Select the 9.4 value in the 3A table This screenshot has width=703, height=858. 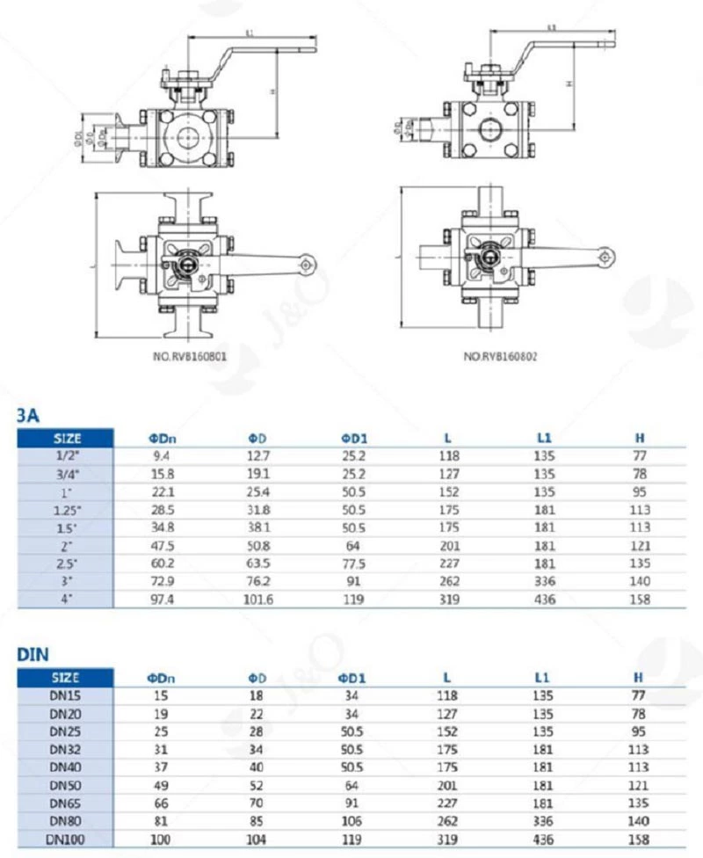(161, 455)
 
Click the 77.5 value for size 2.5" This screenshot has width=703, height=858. (353, 564)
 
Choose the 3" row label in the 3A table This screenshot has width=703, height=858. (65, 582)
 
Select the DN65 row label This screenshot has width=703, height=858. (65, 803)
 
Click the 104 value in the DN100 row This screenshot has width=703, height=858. (257, 840)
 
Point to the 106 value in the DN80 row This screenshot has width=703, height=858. (353, 822)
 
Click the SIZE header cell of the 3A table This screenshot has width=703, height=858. (67, 437)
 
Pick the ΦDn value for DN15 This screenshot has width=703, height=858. (161, 695)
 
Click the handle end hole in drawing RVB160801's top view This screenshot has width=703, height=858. (305, 263)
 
